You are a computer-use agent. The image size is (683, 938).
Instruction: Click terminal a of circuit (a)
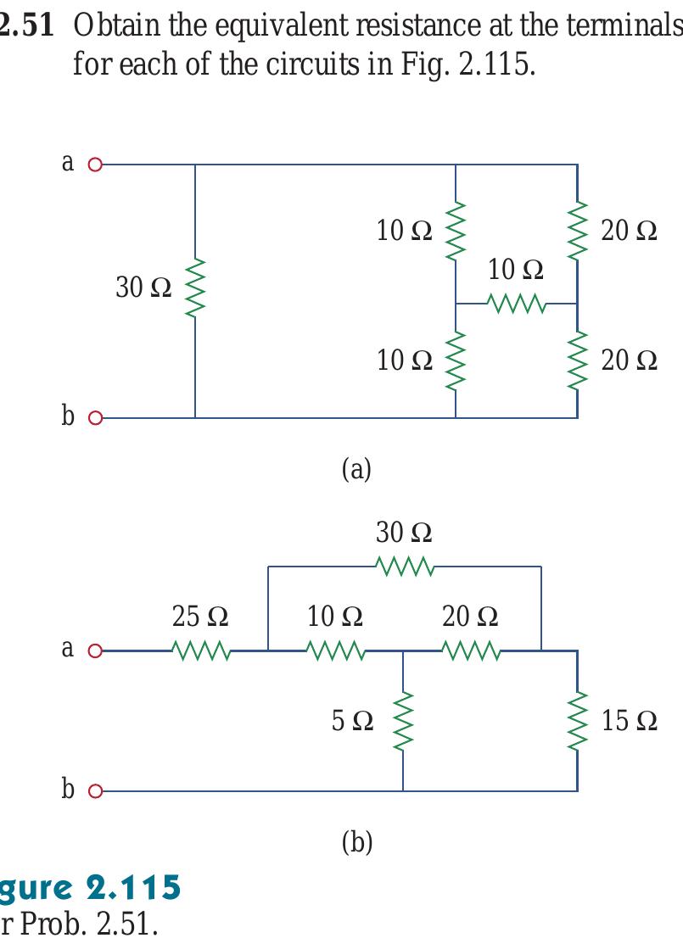[x=95, y=165]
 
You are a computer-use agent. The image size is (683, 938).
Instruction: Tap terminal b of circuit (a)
[x=95, y=417]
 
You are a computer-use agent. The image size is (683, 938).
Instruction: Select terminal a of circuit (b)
[x=95, y=652]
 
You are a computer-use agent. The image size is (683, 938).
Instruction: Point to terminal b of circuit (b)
[x=95, y=790]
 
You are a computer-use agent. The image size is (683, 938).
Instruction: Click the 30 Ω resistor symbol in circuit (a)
[x=195, y=288]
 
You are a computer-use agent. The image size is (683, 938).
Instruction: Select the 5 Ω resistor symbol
[x=402, y=721]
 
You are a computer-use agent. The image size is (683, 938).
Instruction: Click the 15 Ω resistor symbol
[x=577, y=721]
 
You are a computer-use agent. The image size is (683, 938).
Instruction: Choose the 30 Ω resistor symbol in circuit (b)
[x=405, y=566]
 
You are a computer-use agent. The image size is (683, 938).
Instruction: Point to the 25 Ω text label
[x=199, y=616]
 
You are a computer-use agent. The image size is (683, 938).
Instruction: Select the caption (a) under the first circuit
[x=355, y=468]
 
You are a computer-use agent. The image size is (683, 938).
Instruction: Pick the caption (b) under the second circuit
[x=356, y=842]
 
